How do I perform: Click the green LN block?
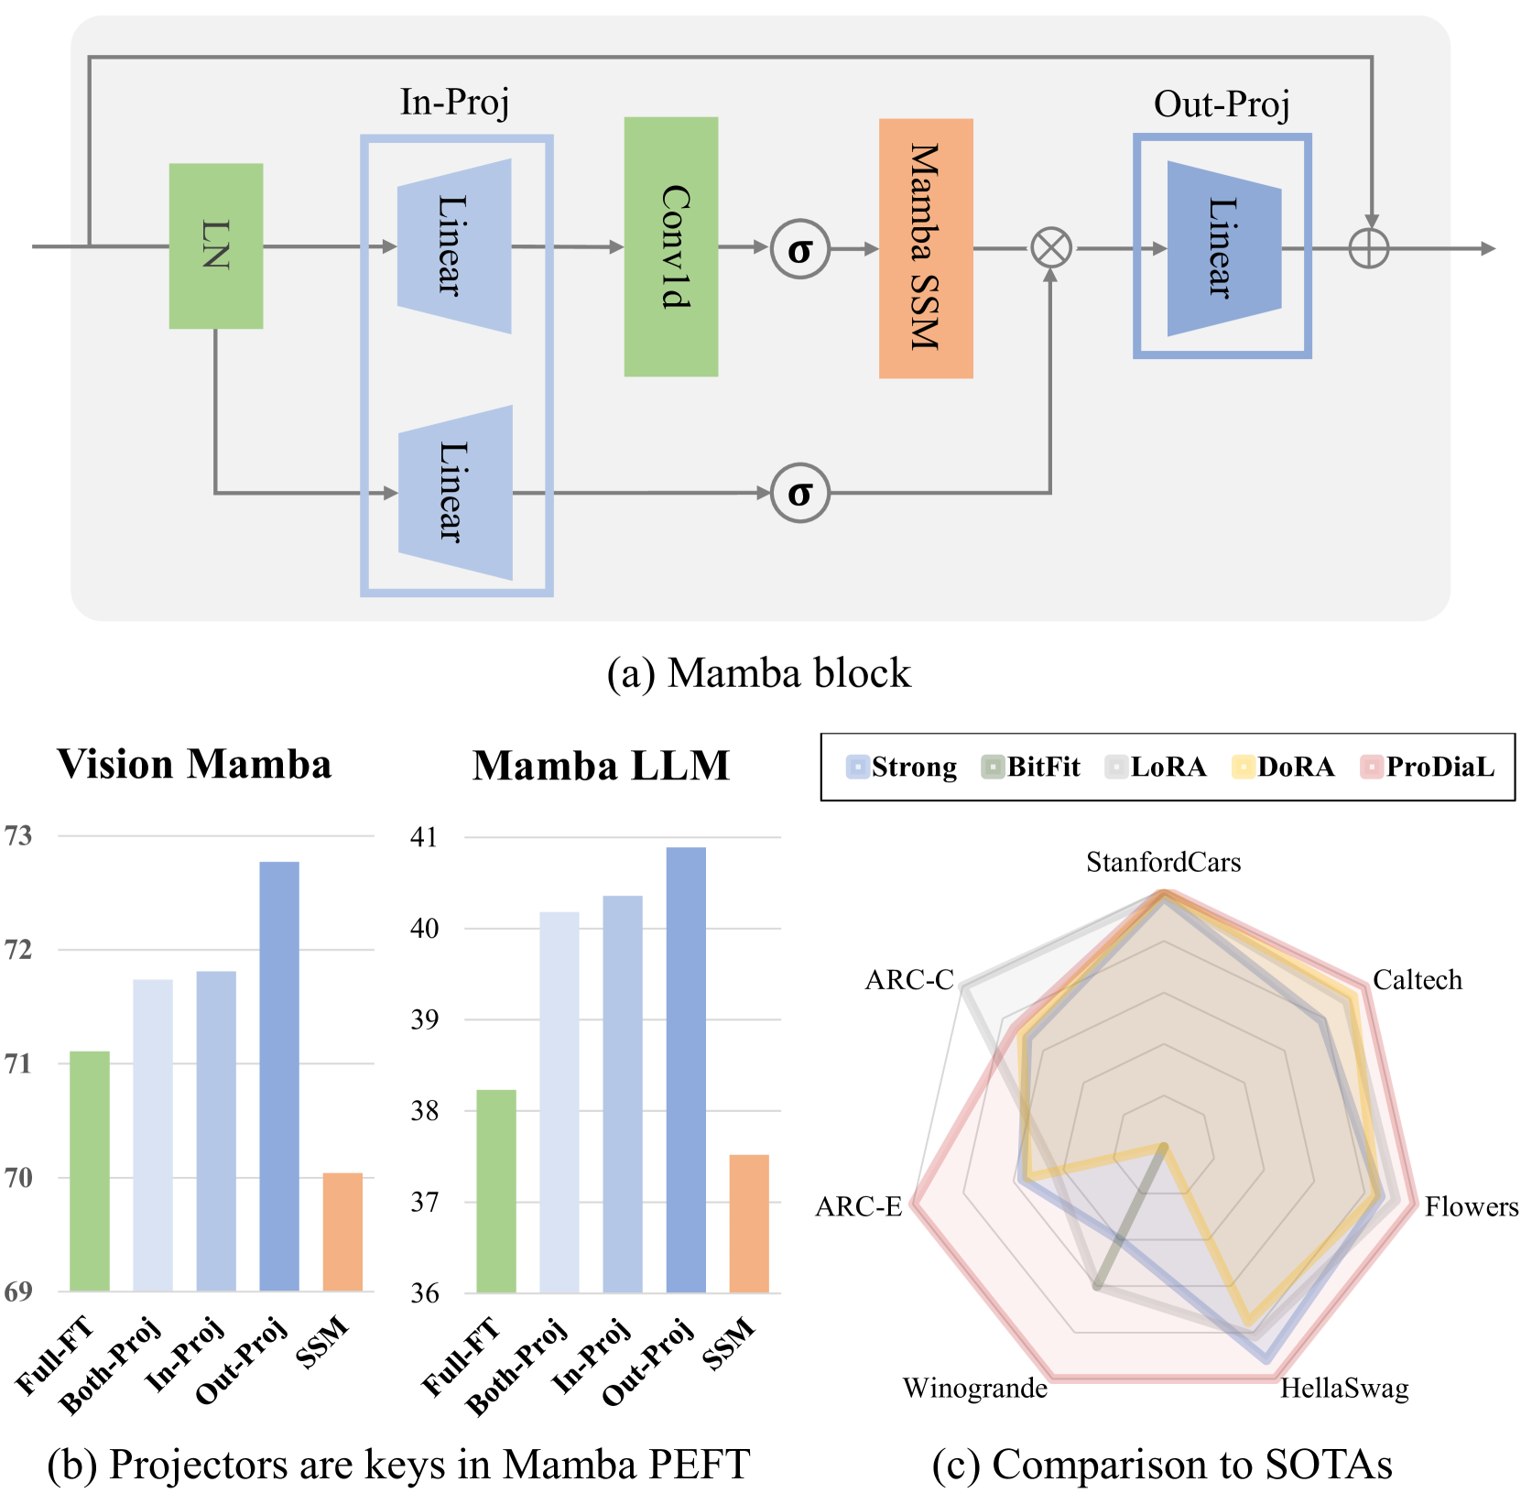click(216, 245)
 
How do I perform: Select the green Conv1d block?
click(671, 246)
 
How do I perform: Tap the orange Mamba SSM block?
click(926, 247)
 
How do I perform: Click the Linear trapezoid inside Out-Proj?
click(1223, 248)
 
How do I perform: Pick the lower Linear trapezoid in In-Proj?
click(455, 492)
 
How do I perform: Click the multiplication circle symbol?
click(1051, 248)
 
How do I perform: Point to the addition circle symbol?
click(1369, 248)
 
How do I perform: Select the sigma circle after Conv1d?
click(799, 249)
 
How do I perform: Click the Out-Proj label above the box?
click(1222, 104)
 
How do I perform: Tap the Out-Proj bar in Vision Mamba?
click(279, 1076)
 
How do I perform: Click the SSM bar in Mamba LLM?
click(749, 1224)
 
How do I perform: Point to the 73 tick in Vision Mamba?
click(18, 835)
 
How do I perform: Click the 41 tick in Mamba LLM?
click(424, 837)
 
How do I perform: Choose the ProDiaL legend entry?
click(1428, 767)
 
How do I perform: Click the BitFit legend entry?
click(1031, 767)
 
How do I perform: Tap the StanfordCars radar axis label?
click(1163, 863)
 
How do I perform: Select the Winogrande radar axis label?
click(975, 1389)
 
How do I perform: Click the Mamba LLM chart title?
click(601, 766)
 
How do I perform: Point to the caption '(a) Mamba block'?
click(759, 673)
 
